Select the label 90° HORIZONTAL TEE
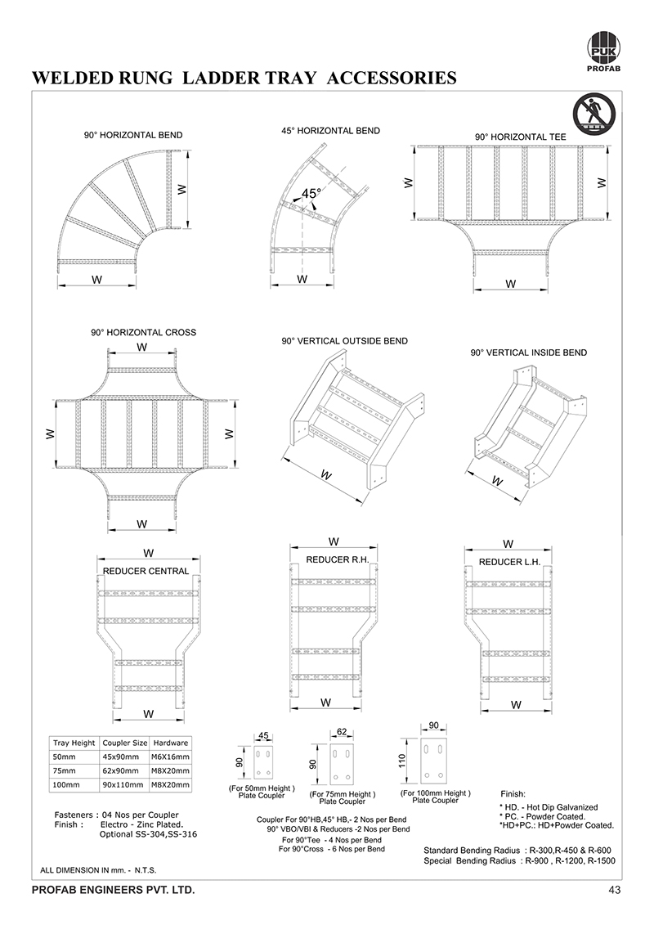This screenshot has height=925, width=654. click(522, 137)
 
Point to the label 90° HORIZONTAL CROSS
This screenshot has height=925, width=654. click(143, 333)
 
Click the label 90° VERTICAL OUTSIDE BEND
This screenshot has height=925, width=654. click(344, 341)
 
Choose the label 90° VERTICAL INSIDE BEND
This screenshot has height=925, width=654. click(528, 352)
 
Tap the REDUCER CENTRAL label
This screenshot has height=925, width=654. click(146, 571)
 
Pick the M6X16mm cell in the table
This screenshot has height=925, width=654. click(172, 757)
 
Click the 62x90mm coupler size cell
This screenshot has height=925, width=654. click(124, 770)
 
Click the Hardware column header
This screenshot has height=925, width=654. click(172, 743)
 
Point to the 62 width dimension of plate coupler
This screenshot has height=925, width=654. click(343, 731)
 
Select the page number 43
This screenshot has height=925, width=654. click(615, 890)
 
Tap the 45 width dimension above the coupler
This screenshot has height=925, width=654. click(263, 736)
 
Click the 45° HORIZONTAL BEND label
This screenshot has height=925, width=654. click(330, 131)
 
